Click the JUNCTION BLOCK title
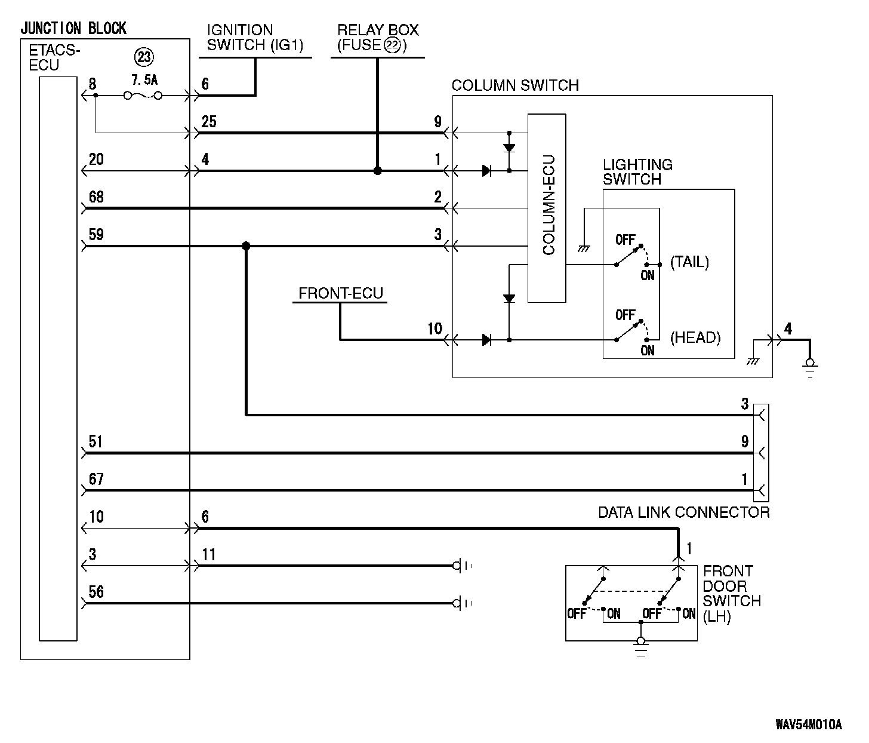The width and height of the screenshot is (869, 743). point(73,28)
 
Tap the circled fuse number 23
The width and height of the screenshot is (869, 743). point(144,57)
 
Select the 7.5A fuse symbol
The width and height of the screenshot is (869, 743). point(143,96)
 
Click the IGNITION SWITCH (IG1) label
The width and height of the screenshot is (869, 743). point(255,37)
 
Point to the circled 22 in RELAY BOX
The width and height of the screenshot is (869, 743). point(392,45)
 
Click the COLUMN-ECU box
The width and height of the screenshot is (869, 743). point(547,208)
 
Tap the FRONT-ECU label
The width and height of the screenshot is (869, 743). point(341,293)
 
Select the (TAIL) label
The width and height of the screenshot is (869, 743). point(689,262)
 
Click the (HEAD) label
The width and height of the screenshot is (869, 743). point(695,337)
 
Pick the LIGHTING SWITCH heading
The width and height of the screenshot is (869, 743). point(638,171)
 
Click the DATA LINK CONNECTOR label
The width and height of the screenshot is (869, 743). point(684,512)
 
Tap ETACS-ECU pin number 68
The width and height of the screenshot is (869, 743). point(96,197)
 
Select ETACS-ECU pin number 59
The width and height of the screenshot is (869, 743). point(96,234)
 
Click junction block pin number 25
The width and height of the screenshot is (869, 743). point(209,122)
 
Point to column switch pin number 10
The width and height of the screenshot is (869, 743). point(434,328)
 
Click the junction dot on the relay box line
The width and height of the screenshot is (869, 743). point(378,171)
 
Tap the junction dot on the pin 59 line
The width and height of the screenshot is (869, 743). point(246,245)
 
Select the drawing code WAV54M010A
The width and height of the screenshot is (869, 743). point(809,724)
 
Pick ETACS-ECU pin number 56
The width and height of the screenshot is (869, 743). point(96,592)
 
